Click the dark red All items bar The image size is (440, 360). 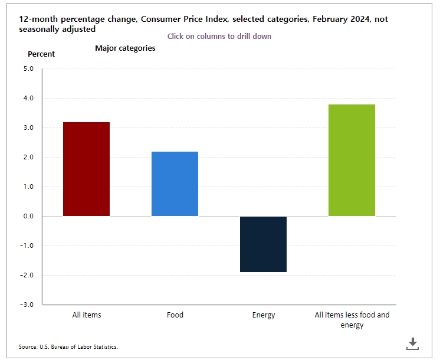(x=86, y=169)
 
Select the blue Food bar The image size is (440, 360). (x=175, y=184)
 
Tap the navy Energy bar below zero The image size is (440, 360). (x=263, y=244)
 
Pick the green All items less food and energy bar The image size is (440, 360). (x=352, y=160)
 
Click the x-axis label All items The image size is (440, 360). (x=86, y=315)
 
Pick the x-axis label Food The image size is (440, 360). (x=175, y=315)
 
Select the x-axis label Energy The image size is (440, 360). (x=263, y=315)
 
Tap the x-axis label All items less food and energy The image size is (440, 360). (x=352, y=320)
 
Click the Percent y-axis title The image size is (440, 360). (x=41, y=54)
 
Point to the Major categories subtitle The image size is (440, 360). (x=125, y=48)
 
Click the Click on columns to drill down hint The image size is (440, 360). (x=219, y=37)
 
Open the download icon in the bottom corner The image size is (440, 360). (x=413, y=343)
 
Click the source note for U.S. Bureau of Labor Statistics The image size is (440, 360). (x=68, y=347)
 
